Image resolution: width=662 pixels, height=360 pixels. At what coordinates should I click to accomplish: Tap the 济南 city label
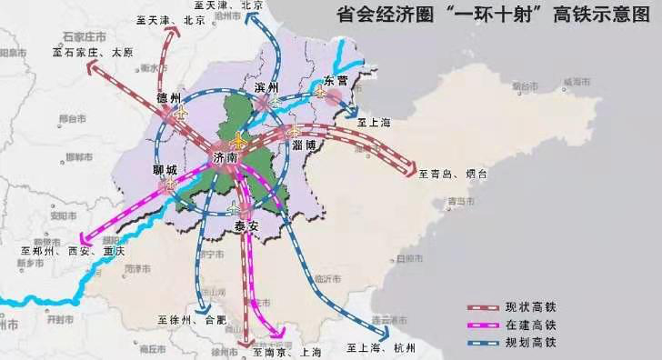click(x=225, y=158)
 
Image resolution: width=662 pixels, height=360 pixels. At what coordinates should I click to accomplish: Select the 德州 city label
click(x=169, y=97)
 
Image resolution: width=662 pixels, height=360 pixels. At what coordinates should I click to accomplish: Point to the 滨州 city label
click(x=266, y=87)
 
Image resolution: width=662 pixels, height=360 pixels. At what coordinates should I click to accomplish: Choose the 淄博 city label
click(x=304, y=145)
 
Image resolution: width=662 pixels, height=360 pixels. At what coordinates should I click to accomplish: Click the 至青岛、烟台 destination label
click(x=454, y=173)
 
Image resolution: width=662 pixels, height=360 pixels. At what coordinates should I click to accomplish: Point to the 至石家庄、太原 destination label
click(x=93, y=53)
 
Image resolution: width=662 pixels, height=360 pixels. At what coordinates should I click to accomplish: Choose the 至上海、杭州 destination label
click(x=381, y=347)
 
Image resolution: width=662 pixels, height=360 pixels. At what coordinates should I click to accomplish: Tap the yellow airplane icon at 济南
click(x=239, y=141)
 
